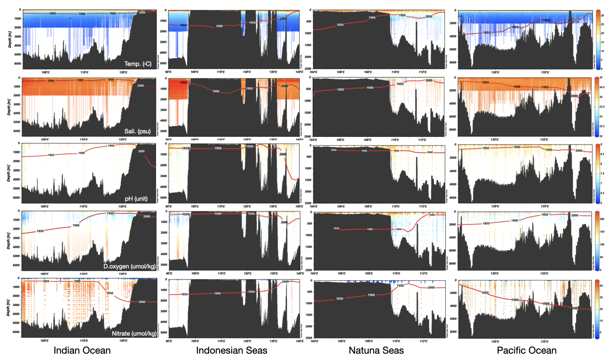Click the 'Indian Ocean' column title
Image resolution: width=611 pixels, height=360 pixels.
[x=82, y=350]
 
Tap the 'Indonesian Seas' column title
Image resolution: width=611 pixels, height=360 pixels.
[x=232, y=350]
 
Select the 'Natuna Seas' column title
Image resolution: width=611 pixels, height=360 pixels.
[x=376, y=350]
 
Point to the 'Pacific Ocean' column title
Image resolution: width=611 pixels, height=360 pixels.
[x=526, y=350]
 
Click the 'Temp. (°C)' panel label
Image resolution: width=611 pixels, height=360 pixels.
[x=138, y=64]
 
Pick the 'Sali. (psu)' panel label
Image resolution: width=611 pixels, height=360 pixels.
[x=138, y=131]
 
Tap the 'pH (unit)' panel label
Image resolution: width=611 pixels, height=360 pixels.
[x=136, y=199]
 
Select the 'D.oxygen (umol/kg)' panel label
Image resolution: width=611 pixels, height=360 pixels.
[x=129, y=266]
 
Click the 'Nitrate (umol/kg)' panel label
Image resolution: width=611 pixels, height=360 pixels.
[x=134, y=334]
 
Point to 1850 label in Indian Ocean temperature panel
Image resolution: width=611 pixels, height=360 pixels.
[x=52, y=14]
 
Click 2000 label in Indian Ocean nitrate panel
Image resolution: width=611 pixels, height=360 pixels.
[x=142, y=302]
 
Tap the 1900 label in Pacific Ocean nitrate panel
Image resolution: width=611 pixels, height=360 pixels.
[x=515, y=300]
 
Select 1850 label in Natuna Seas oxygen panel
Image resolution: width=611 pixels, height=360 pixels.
[x=336, y=228]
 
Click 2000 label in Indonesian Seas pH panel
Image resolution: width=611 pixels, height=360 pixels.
[x=283, y=154]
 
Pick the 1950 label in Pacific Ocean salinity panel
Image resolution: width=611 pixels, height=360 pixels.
[x=545, y=87]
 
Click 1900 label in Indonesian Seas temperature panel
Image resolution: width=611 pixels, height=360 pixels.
[x=219, y=26]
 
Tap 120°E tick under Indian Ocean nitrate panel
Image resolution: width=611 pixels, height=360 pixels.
[x=123, y=341]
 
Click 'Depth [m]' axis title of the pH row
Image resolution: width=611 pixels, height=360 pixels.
[x=9, y=173]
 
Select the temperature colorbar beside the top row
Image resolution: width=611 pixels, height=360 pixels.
[x=598, y=39]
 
